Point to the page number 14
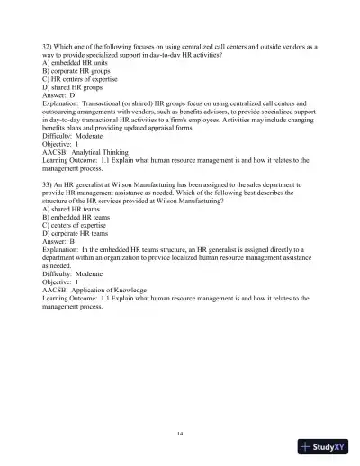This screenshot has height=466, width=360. pos(180,433)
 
